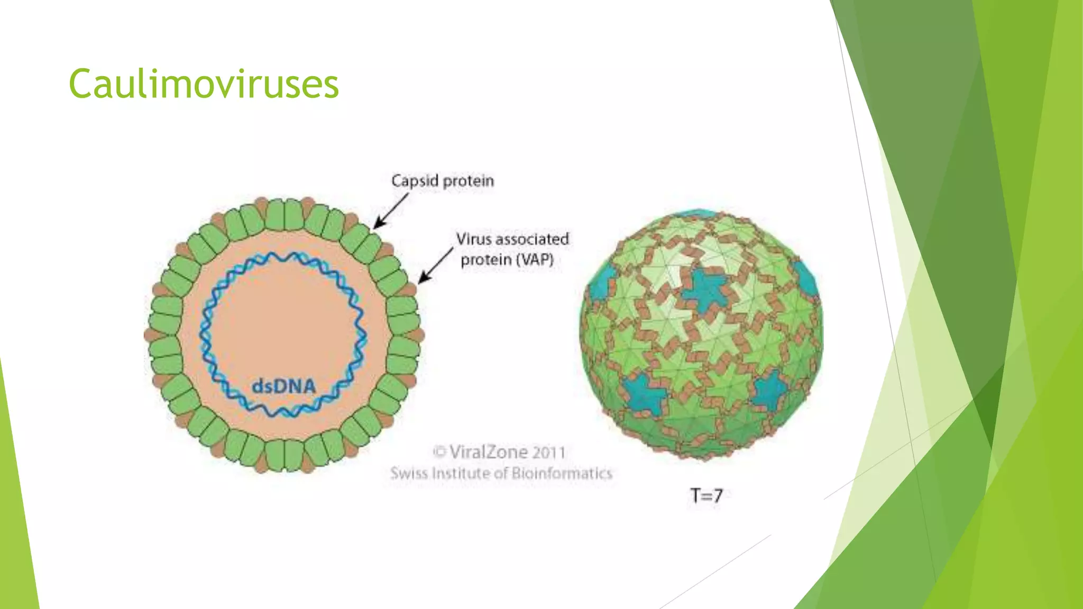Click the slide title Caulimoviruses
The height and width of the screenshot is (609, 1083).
pyautogui.click(x=204, y=85)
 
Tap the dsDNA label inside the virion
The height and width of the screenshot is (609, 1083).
pyautogui.click(x=283, y=386)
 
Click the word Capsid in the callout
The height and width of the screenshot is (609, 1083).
pyautogui.click(x=415, y=181)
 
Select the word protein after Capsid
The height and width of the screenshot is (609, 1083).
pyautogui.click(x=468, y=181)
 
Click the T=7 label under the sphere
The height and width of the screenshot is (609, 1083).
pyautogui.click(x=706, y=495)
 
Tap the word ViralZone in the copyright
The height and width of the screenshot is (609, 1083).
pyautogui.click(x=488, y=453)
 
